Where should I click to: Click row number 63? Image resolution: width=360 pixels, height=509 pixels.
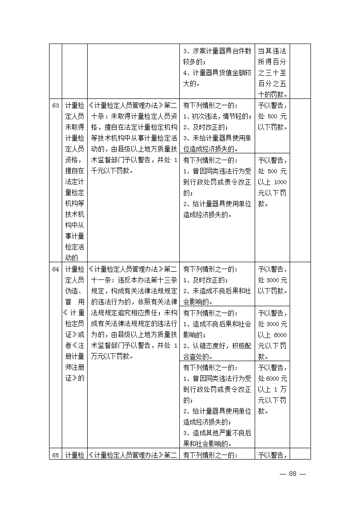pyautogui.click(x=55, y=106)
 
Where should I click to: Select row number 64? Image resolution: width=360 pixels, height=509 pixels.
pyautogui.click(x=55, y=269)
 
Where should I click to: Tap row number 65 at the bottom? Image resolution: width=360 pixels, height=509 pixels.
pyautogui.click(x=55, y=455)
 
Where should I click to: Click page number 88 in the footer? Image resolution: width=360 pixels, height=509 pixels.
pyautogui.click(x=292, y=474)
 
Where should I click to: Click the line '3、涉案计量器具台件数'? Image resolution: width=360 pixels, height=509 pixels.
pyautogui.click(x=217, y=51)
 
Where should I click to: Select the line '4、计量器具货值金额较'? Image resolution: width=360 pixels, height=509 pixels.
pyautogui.click(x=217, y=73)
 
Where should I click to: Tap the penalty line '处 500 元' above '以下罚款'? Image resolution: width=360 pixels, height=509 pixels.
pyautogui.click(x=272, y=116)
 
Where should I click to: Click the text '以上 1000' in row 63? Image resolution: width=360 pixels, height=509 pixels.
pyautogui.click(x=272, y=182)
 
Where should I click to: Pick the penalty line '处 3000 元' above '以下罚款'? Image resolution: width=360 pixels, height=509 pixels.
pyautogui.click(x=272, y=280)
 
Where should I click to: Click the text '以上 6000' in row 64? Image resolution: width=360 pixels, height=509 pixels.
pyautogui.click(x=272, y=335)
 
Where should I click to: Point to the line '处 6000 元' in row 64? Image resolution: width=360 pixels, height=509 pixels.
pyautogui.click(x=272, y=378)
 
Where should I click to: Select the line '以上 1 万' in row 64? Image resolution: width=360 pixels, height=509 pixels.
pyautogui.click(x=272, y=389)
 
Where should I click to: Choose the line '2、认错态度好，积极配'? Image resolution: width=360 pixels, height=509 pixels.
pyautogui.click(x=217, y=346)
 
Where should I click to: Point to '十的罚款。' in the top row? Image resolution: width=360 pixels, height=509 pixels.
pyautogui.click(x=272, y=94)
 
